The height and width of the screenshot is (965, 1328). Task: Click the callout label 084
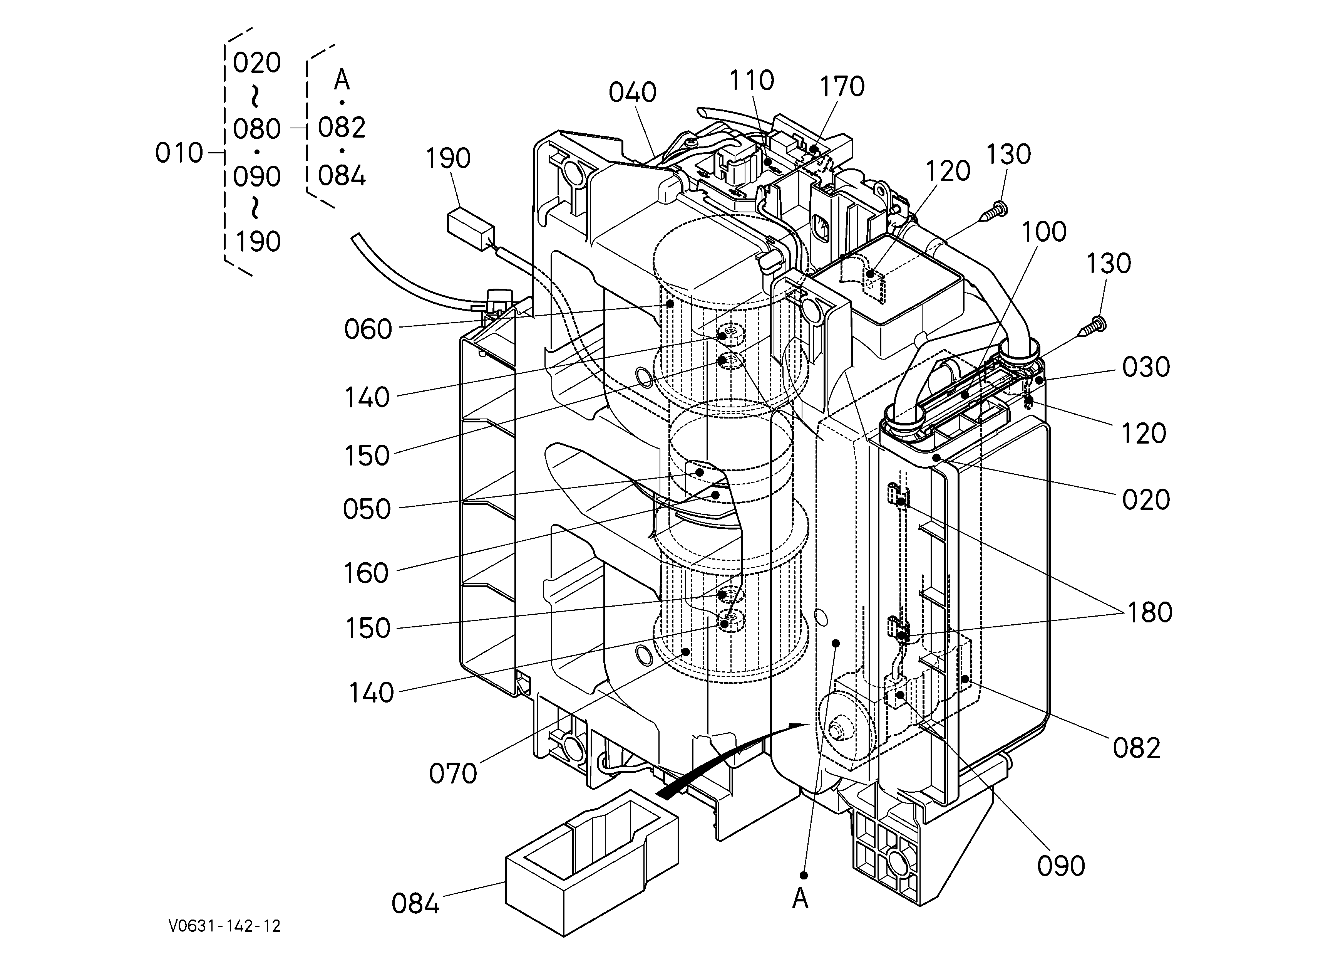[x=415, y=903]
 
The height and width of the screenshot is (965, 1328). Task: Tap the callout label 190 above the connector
[x=448, y=158]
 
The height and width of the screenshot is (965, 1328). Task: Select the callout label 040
[x=632, y=92]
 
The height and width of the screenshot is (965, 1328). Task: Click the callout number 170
[x=841, y=87]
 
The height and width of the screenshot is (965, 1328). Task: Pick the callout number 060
[x=368, y=329]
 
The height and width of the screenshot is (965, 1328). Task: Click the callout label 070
[x=453, y=773]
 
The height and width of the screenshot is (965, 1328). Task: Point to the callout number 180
[x=1149, y=612]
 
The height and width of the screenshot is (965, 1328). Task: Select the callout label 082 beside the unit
[x=1136, y=748]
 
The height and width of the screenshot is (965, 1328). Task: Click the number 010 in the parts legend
[x=179, y=153]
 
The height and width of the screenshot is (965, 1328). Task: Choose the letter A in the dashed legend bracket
[x=342, y=80]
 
